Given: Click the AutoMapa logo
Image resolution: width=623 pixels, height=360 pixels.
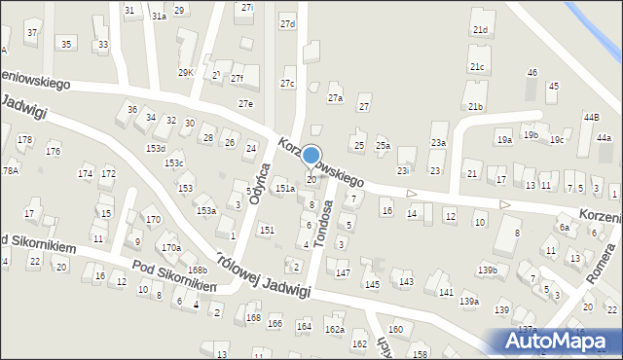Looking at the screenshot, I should point(558,342).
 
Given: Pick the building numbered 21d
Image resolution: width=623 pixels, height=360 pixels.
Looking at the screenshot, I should point(480,30).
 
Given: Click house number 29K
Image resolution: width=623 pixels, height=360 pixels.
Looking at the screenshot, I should point(185,73).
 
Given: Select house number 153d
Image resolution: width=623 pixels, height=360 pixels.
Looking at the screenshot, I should point(156,148).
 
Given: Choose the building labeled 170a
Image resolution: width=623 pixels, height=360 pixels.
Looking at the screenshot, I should point(171,248).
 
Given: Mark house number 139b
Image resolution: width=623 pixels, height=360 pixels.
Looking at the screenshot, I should point(488,270).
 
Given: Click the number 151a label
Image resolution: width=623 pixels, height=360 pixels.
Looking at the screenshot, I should point(284,188).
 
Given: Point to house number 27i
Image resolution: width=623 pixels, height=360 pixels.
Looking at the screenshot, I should point(247,7).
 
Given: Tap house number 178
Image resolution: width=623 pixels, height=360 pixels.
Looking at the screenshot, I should point(24,140).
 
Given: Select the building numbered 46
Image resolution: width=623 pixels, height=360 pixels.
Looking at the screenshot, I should point(531,73).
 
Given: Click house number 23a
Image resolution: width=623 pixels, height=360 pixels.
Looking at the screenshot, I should point(439,142).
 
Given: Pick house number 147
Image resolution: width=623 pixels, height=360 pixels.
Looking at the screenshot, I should point(343,273).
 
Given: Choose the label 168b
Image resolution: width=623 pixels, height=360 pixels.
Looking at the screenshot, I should point(198,270).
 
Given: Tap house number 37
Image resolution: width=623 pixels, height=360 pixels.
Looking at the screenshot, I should point(32,33).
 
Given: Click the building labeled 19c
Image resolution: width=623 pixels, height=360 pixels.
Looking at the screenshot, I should point(556,140).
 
